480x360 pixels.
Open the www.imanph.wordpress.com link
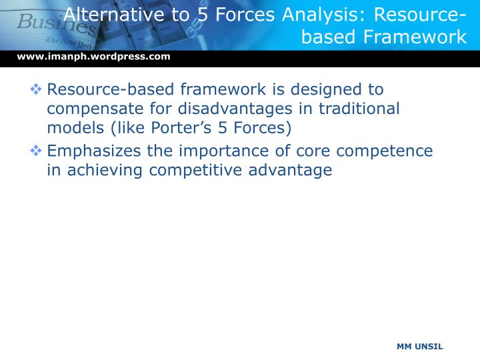93,57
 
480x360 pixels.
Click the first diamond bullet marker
37,89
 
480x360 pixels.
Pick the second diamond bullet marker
37,151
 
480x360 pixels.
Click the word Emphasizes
94,151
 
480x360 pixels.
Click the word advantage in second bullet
293,171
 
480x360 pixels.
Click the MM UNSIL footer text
419,347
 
